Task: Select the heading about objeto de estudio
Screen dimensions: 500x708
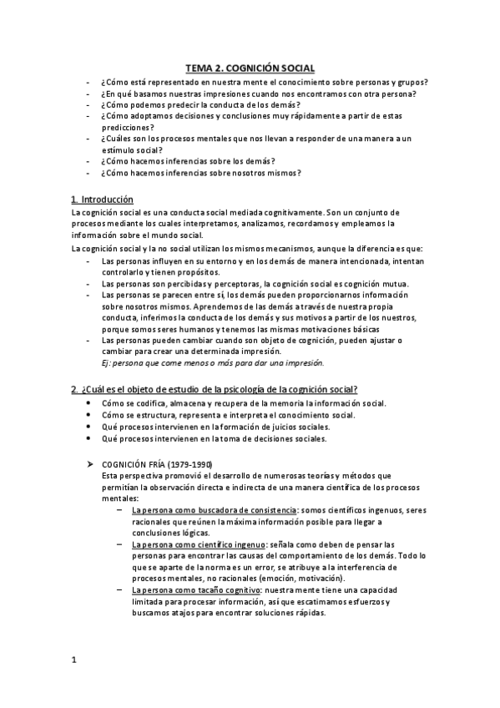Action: pos(215,389)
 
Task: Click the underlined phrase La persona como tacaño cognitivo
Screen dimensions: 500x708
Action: pos(191,589)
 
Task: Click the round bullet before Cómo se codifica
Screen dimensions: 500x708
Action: pos(89,403)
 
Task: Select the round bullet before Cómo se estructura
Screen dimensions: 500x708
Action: pos(89,415)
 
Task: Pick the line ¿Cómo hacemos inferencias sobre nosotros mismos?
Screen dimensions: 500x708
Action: pos(200,173)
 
